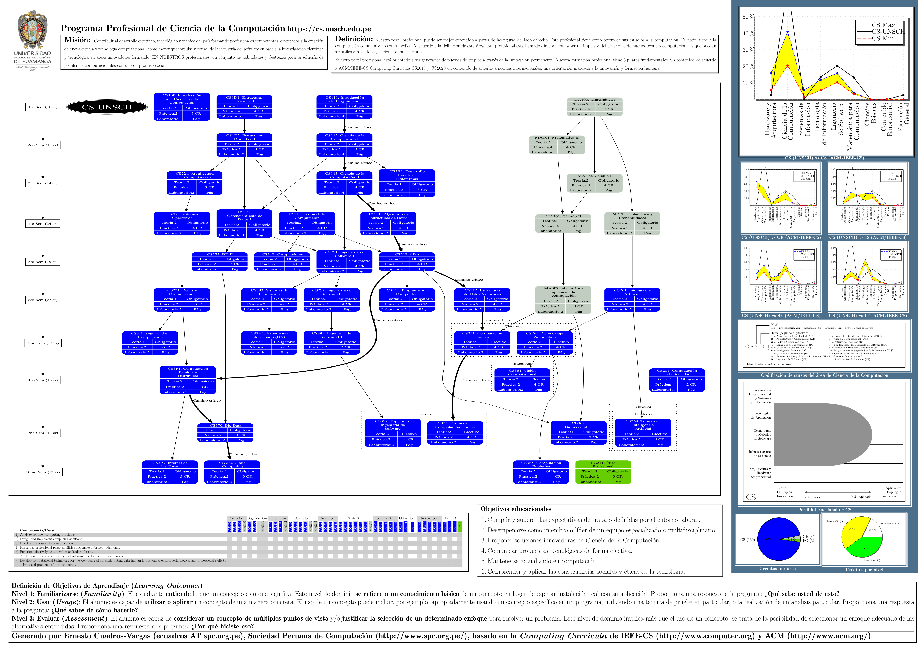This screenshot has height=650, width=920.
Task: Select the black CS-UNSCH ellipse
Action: click(x=107, y=107)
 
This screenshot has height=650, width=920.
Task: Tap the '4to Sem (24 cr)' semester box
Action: click(x=43, y=224)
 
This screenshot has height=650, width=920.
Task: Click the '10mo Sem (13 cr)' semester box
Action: click(x=43, y=472)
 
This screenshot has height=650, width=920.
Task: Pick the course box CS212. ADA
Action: click(x=407, y=262)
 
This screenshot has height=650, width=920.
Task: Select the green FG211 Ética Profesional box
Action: click(x=603, y=472)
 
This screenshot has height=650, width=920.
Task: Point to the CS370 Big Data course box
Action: click(x=226, y=433)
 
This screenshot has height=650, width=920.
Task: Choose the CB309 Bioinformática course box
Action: click(x=579, y=433)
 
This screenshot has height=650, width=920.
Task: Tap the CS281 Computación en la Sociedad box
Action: click(x=677, y=380)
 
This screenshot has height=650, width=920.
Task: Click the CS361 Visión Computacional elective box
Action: click(x=522, y=380)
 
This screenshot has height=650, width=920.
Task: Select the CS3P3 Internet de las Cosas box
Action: click(x=169, y=472)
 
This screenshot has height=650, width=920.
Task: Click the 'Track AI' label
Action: click(x=643, y=406)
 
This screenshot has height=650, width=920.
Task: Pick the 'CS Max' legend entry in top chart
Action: click(x=883, y=25)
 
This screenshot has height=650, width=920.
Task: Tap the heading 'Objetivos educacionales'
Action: click(x=516, y=509)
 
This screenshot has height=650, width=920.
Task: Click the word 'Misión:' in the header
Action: click(x=77, y=40)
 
